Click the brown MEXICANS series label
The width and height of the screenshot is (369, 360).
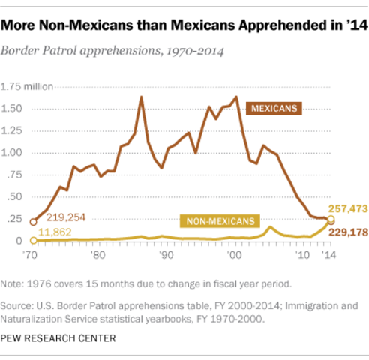[x=274, y=109]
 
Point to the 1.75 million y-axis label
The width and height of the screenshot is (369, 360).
[x=30, y=86]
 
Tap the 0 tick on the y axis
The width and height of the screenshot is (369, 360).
[x=19, y=241]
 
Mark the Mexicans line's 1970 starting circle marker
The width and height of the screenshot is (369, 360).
[x=33, y=222]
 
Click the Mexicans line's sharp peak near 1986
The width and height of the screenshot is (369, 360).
[x=141, y=97]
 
